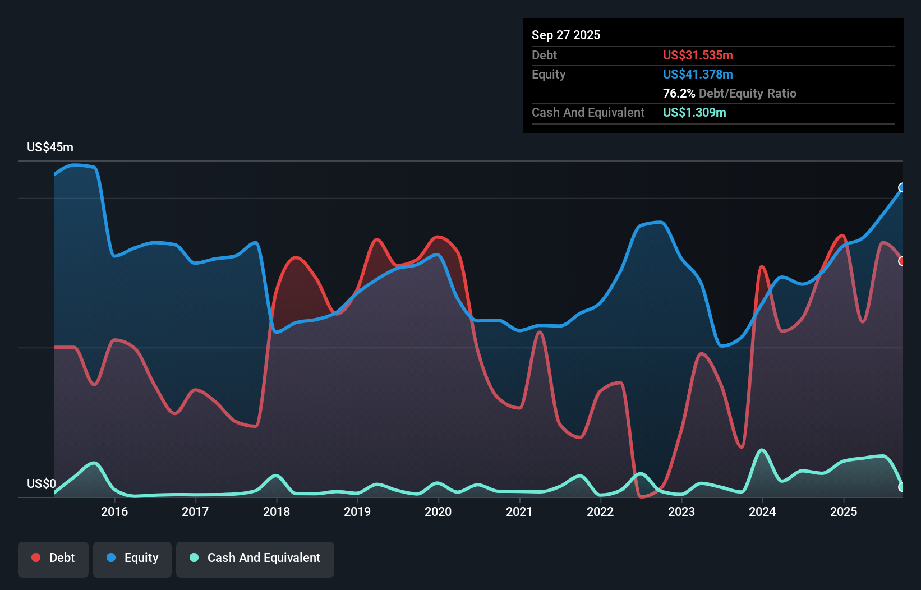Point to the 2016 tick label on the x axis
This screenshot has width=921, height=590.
pos(114,511)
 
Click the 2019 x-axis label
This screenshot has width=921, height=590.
pos(357,511)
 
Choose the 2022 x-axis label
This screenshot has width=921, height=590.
pos(600,511)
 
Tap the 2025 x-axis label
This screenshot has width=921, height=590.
pos(844,511)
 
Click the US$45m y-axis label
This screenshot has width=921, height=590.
pos(50,147)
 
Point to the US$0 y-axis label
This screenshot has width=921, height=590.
pos(42,483)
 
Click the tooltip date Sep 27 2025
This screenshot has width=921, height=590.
pos(566,35)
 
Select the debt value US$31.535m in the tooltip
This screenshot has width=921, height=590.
pos(698,55)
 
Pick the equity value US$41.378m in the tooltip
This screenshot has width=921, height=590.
pos(698,75)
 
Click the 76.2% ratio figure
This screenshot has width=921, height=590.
pos(679,93)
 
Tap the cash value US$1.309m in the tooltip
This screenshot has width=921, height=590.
pos(694,112)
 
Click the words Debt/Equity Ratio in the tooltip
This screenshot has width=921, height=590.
pos(748,93)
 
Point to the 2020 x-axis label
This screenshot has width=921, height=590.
pos(438,511)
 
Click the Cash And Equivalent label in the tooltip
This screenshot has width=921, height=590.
pos(588,112)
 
